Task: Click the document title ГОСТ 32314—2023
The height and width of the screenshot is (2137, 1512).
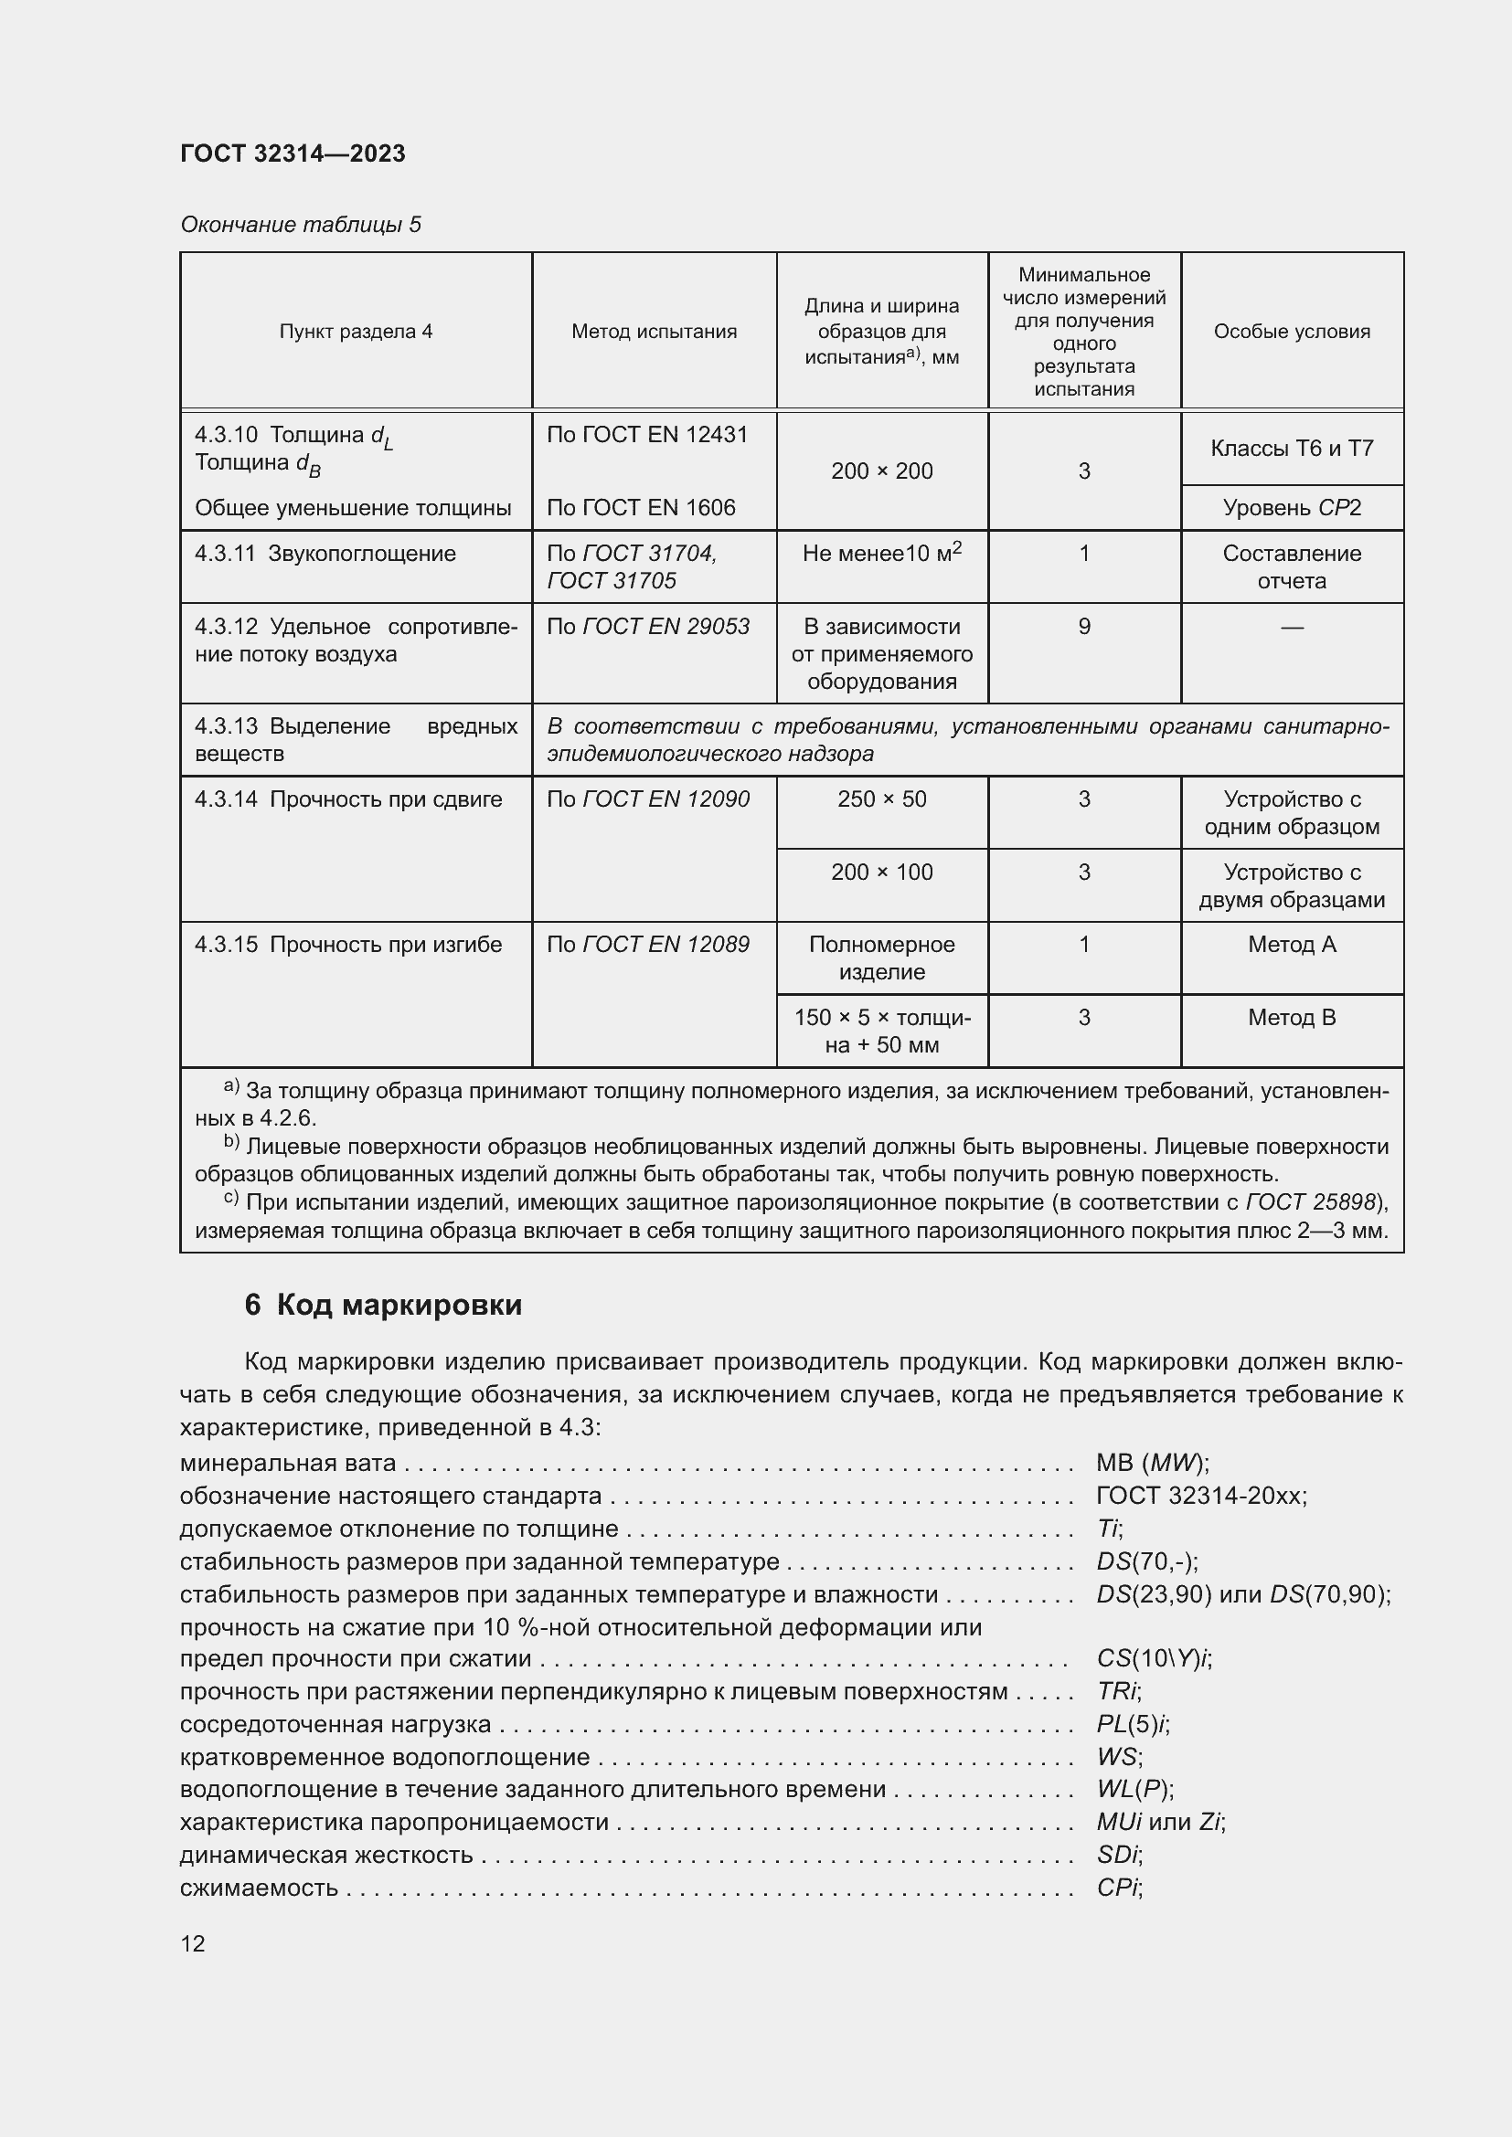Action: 293,153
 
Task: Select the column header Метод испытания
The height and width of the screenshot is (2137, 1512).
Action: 654,332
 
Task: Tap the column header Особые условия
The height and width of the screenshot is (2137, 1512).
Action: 1292,332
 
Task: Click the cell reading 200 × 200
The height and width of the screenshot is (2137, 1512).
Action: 881,471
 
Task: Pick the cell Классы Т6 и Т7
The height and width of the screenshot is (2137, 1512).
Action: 1292,449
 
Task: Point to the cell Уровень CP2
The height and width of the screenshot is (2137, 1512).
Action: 1292,508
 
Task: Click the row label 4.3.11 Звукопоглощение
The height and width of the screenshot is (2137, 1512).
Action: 325,554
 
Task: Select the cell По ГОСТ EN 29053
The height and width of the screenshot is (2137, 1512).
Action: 648,627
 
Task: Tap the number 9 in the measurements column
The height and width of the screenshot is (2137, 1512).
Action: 1084,627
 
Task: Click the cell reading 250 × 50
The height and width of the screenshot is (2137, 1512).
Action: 881,799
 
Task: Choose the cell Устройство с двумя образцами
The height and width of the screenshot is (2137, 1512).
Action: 1292,886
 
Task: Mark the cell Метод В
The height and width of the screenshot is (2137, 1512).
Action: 1292,1018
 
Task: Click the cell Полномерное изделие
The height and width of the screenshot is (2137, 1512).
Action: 881,957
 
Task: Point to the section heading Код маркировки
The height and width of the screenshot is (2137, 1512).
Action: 384,1305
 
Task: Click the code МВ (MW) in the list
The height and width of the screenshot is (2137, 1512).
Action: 1152,1463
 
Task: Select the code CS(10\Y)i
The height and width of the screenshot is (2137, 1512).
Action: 1154,1658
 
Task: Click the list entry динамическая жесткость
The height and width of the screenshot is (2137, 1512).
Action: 326,1855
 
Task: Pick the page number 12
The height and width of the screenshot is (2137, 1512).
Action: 193,1943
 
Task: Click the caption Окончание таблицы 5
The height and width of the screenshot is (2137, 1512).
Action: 301,225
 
